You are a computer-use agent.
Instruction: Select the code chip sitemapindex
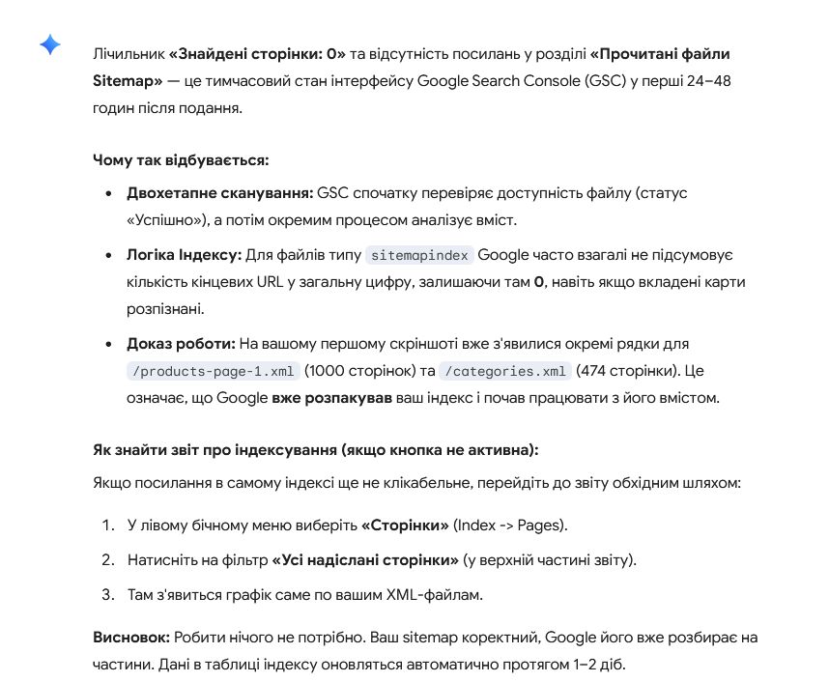pos(419,256)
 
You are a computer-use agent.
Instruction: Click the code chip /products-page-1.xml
pos(214,371)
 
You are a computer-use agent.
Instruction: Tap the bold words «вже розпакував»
pos(331,398)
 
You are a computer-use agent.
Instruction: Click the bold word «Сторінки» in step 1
pos(404,526)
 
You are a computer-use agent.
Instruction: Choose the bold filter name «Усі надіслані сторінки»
pos(365,560)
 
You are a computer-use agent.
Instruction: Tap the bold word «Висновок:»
pos(130,639)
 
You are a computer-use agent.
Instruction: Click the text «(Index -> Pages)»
pos(511,526)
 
